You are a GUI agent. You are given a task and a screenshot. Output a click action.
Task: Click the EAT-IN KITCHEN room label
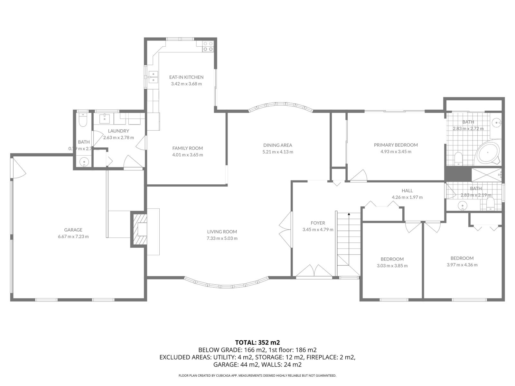pyautogui.click(x=186, y=77)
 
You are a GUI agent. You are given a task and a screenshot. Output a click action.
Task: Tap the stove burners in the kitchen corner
pyautogui.click(x=208, y=46)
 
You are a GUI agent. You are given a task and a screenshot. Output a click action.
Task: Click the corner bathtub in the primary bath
pyautogui.click(x=488, y=153)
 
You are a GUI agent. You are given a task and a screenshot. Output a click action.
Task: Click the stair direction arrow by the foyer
pyautogui.click(x=349, y=214)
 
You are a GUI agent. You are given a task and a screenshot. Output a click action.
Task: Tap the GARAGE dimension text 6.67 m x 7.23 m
pyautogui.click(x=73, y=236)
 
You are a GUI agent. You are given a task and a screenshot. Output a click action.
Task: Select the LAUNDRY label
pyautogui.click(x=118, y=131)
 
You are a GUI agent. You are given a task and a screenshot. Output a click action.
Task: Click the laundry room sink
pyautogui.click(x=105, y=118)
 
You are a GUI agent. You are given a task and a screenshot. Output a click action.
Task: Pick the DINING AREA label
pyautogui.click(x=277, y=145)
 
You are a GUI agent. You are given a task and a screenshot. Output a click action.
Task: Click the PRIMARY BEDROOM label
pyautogui.click(x=396, y=145)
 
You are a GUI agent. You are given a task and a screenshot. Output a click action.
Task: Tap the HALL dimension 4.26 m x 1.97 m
pyautogui.click(x=407, y=197)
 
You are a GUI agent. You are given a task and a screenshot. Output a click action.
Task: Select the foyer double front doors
pyautogui.click(x=314, y=271)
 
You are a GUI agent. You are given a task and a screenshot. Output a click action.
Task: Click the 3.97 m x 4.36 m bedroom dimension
pyautogui.click(x=462, y=265)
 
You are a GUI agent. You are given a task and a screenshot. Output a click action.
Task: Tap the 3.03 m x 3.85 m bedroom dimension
pyautogui.click(x=392, y=266)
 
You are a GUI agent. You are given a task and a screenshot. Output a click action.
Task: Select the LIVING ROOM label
pyautogui.click(x=222, y=232)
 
